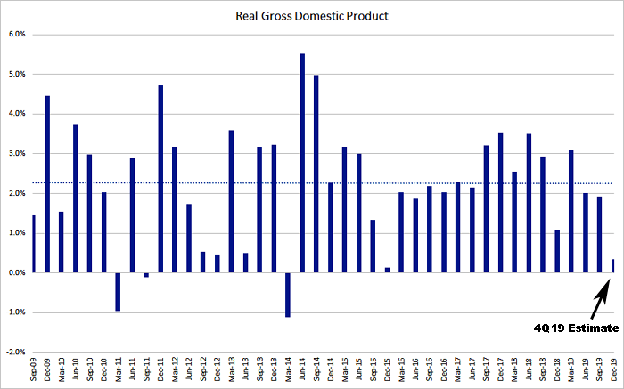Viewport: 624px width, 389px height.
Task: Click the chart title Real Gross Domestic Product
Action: pos(311,15)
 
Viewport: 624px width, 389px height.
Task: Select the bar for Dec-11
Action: pos(160,179)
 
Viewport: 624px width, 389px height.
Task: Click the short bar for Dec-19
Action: pos(614,266)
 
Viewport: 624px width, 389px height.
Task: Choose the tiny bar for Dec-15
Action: pos(388,270)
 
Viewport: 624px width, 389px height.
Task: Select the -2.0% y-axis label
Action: pos(14,353)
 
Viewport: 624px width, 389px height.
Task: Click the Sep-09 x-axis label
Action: pos(34,370)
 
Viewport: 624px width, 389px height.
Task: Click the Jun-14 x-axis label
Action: pos(303,370)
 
